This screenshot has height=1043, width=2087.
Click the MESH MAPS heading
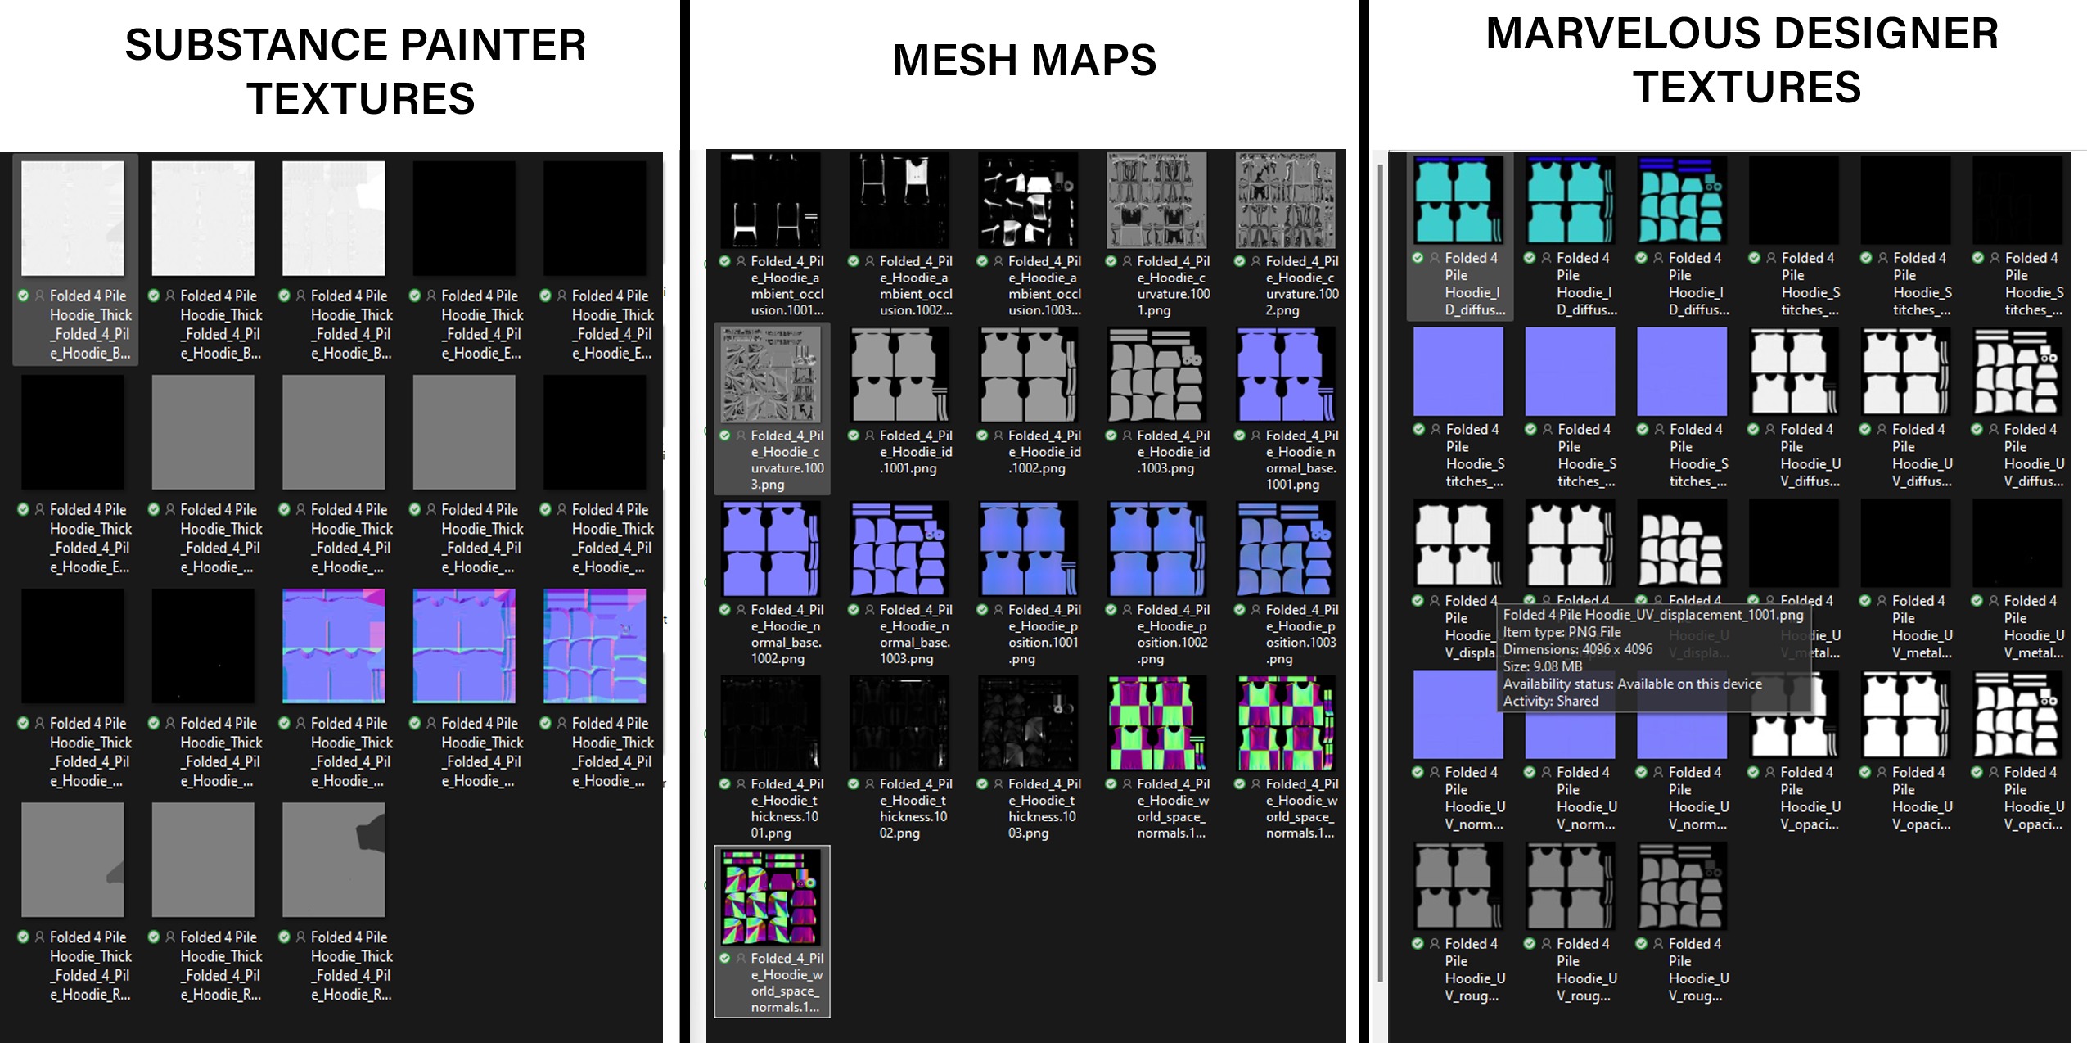(1024, 61)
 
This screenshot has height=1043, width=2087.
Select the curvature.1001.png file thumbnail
(1156, 201)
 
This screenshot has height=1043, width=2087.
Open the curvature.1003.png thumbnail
(771, 375)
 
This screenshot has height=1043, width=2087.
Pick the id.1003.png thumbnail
(1156, 375)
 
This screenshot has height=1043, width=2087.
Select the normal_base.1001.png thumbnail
(1286, 375)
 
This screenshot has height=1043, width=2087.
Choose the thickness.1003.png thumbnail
(1028, 723)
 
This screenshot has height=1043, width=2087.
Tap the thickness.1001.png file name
(787, 808)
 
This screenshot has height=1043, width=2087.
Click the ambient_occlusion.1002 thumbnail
(899, 201)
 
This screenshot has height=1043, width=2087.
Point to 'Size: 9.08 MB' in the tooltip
(1542, 666)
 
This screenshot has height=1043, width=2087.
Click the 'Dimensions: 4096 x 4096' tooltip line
(1577, 649)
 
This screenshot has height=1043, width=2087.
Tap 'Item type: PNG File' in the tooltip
(1562, 632)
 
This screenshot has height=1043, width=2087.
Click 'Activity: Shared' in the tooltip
(1550, 701)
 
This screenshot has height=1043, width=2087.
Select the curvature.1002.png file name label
(1301, 286)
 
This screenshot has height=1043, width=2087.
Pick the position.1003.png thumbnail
(1286, 549)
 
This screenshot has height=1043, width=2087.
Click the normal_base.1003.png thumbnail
(899, 549)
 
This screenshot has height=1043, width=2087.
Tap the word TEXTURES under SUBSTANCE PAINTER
(360, 99)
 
